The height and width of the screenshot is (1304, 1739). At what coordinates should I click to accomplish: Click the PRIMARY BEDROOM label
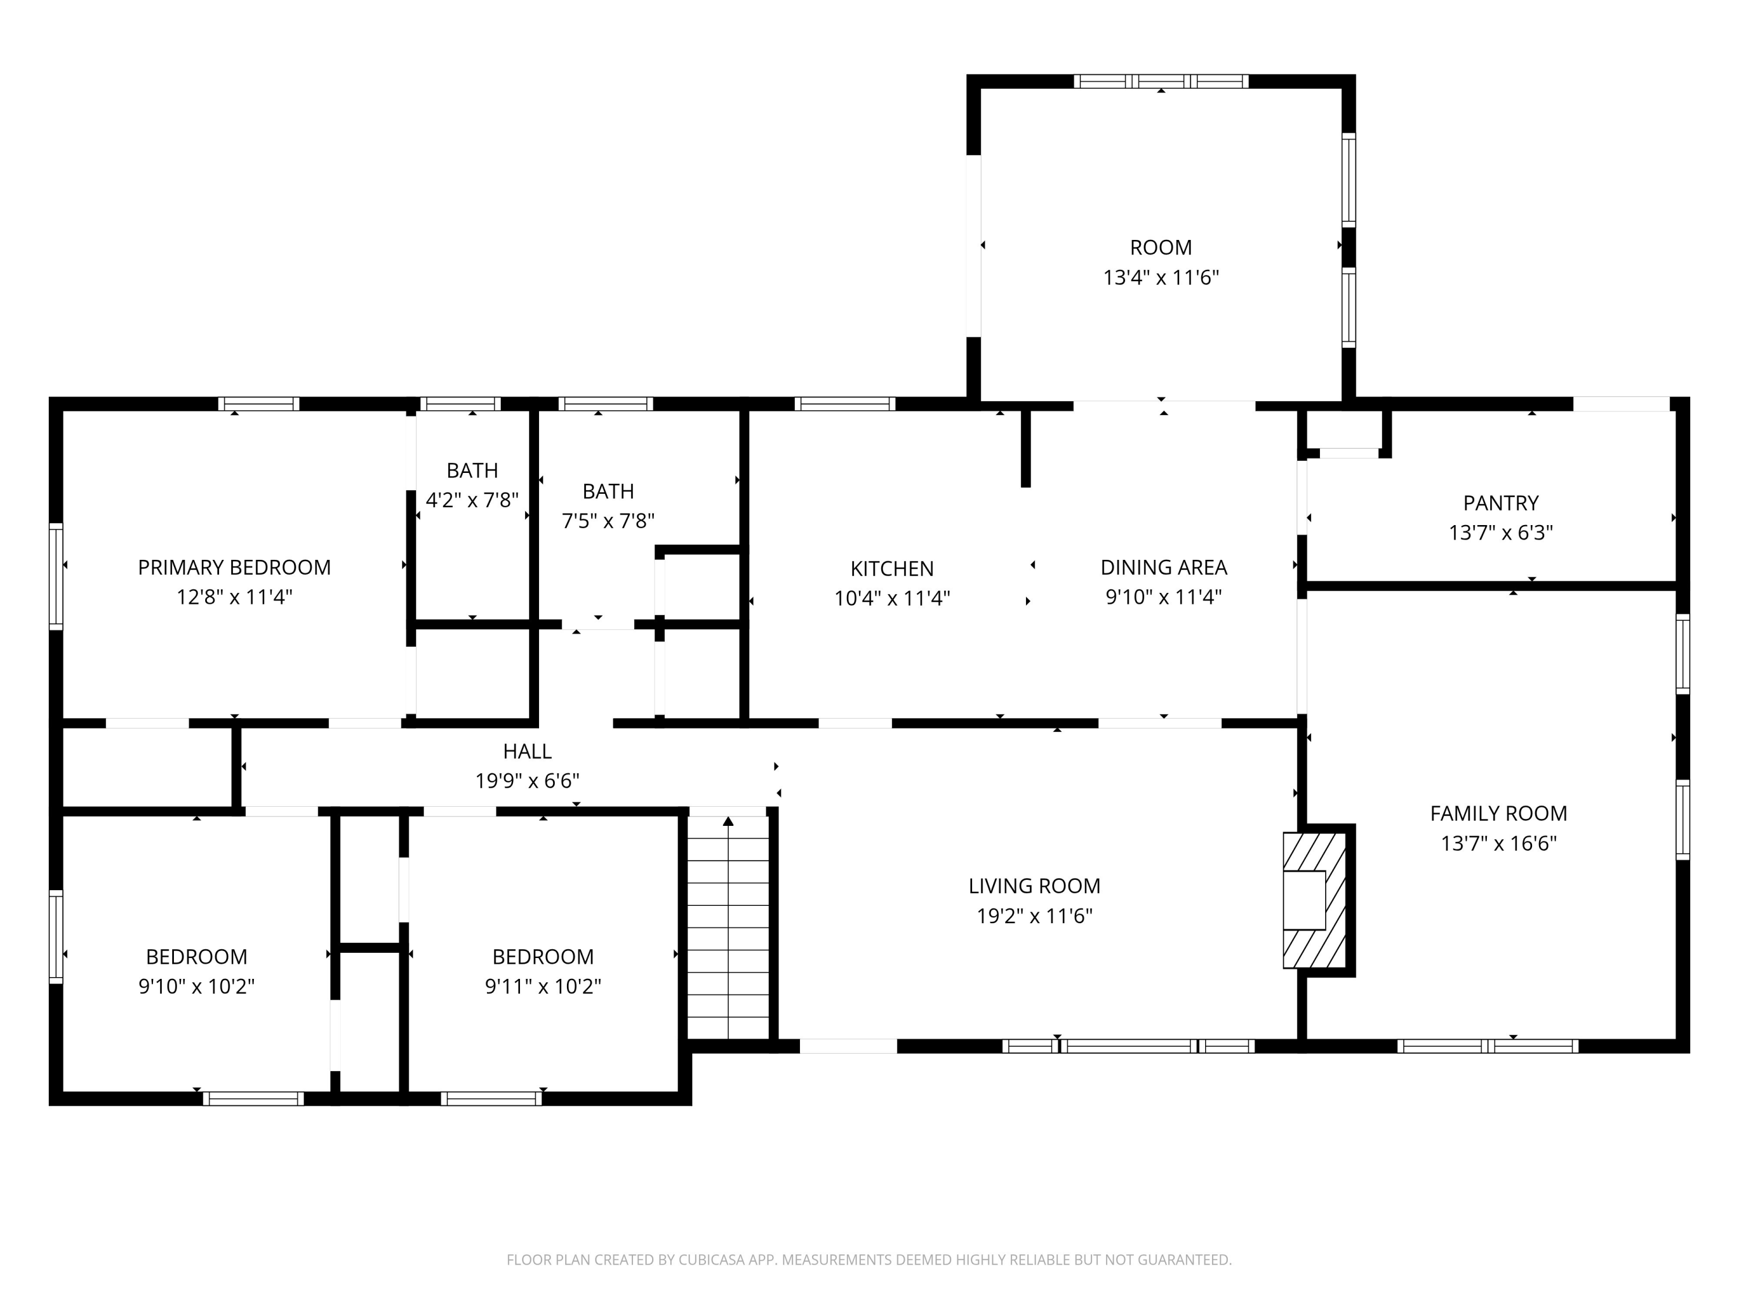point(234,567)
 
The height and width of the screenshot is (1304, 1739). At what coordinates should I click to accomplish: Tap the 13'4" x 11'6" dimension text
point(1160,278)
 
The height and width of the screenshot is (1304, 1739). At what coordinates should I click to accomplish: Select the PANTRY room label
point(1501,503)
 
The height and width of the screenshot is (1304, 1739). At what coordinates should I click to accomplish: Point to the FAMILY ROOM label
point(1498,814)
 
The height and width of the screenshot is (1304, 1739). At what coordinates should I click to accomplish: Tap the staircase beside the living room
point(728,927)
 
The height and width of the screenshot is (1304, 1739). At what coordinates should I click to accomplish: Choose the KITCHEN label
point(892,569)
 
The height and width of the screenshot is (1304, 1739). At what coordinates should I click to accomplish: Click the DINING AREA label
point(1163,567)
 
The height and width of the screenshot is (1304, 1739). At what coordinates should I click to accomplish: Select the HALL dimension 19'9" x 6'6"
point(527,781)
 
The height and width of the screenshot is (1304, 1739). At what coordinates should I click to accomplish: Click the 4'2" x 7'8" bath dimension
point(472,500)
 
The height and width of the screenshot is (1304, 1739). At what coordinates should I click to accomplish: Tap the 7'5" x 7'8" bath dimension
point(609,521)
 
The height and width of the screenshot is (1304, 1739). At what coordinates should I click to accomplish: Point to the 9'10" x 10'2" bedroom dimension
point(197,986)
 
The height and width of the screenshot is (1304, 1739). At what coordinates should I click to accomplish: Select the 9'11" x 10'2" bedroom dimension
point(543,986)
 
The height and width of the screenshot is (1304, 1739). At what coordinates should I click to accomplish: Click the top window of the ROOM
point(1161,81)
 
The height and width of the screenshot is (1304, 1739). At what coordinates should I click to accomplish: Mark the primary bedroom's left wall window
point(56,576)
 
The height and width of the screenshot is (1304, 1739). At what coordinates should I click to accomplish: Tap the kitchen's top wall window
point(845,404)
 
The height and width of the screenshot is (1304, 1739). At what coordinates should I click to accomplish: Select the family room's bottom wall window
point(1487,1046)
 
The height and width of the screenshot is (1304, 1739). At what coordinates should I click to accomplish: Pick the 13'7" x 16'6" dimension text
point(1498,843)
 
